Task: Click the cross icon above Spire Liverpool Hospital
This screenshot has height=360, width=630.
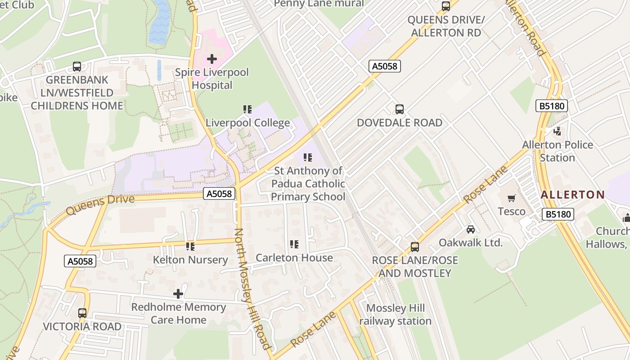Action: coord(212,59)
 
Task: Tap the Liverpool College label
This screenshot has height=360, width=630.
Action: coord(247,123)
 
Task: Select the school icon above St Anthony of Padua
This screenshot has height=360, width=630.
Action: coord(308,157)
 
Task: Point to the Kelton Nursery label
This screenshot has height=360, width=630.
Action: coord(190,260)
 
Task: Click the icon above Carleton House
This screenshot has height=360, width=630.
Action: coord(294,244)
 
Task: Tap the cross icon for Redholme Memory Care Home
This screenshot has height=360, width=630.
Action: coord(178,294)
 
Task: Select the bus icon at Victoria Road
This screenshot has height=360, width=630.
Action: coord(82,313)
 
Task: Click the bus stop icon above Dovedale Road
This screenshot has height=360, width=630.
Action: coord(399,109)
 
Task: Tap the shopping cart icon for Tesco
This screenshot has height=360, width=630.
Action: coord(511,198)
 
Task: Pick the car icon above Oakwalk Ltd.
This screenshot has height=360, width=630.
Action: coord(470,229)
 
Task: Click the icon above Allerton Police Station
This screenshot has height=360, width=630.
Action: coord(558,131)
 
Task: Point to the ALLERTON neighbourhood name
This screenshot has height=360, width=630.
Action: coord(572,195)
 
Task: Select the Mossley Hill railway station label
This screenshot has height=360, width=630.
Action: coord(395,315)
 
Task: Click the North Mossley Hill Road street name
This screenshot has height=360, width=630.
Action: coord(252,288)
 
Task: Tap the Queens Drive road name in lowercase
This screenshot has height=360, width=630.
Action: coord(100,205)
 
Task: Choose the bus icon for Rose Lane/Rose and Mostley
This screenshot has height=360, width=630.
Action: coord(414,247)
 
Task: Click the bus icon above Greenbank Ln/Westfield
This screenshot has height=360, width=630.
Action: coord(77,67)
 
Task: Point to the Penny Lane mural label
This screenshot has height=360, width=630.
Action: coord(319,4)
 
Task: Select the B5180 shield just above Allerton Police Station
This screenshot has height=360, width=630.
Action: coord(551,106)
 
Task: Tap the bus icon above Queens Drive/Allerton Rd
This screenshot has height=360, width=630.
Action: coord(446,6)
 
